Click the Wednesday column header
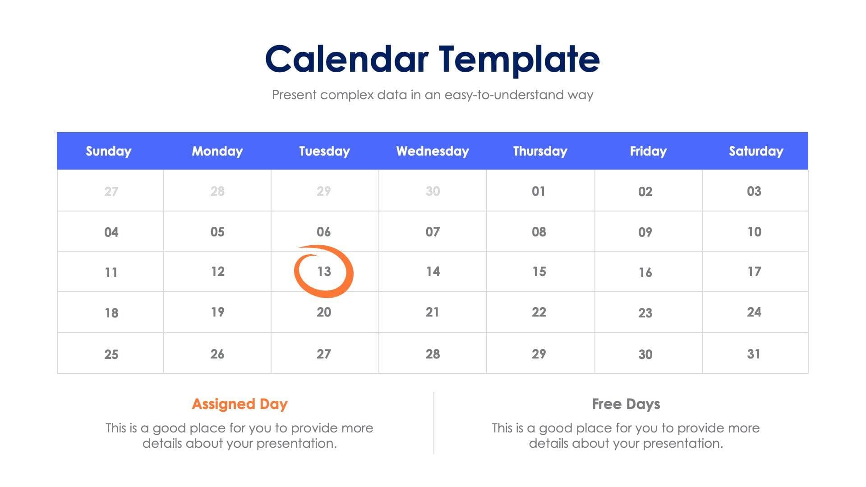tap(432, 151)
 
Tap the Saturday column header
tap(755, 151)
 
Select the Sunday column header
tap(108, 151)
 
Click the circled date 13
tap(324, 271)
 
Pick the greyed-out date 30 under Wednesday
tap(432, 191)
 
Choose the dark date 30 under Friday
tap(645, 354)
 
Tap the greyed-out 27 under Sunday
tap(111, 192)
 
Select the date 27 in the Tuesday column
tap(323, 354)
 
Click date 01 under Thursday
tap(538, 191)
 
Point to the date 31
tap(754, 354)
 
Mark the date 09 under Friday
tap(645, 232)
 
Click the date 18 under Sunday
tap(111, 313)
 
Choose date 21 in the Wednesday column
tap(432, 312)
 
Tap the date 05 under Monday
tap(217, 232)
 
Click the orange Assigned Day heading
tap(240, 404)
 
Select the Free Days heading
tap(626, 404)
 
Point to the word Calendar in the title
tap(346, 60)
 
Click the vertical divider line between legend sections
tap(434, 423)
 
